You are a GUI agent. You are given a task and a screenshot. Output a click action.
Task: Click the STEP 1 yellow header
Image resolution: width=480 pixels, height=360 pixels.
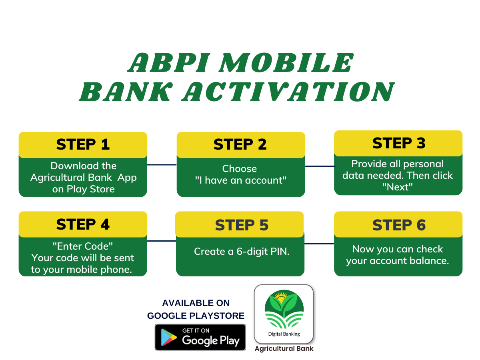(83, 145)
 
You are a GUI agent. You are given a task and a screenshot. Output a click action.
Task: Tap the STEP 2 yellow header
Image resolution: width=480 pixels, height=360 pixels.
(240, 145)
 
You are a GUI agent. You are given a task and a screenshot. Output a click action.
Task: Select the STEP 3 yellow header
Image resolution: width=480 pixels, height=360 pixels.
(398, 143)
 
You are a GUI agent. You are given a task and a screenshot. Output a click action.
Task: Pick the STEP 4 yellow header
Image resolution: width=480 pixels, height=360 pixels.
(83, 224)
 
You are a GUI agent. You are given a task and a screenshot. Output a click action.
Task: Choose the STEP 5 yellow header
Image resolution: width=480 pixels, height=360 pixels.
(239, 224)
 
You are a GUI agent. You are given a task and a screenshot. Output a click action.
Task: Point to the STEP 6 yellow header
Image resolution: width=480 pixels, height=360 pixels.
(398, 224)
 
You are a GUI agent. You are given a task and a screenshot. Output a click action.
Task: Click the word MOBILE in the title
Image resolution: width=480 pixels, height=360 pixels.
(286, 63)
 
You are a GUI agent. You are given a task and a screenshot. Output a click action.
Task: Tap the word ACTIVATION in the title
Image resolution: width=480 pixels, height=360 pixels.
(288, 92)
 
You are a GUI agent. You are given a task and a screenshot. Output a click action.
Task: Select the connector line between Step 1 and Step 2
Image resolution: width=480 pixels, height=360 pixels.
(162, 164)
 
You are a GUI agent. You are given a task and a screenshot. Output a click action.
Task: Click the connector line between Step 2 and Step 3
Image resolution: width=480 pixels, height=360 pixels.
(320, 166)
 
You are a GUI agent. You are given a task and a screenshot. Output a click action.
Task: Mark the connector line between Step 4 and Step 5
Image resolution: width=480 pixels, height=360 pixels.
(161, 241)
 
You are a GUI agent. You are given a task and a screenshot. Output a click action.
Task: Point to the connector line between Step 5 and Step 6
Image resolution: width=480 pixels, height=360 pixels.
(319, 244)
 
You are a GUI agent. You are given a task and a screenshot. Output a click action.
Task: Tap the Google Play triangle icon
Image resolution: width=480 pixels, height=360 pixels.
(168, 337)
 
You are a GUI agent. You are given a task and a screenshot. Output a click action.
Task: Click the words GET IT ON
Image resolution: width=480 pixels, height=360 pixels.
(196, 330)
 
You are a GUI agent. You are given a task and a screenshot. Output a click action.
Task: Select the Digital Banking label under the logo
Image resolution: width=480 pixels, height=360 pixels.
(284, 334)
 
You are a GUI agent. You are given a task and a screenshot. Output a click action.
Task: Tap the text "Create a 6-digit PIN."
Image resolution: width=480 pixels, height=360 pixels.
(242, 252)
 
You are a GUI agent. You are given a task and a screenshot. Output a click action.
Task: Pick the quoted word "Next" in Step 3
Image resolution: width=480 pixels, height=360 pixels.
(397, 187)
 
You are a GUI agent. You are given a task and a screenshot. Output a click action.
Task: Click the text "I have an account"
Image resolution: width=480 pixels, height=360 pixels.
(240, 180)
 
